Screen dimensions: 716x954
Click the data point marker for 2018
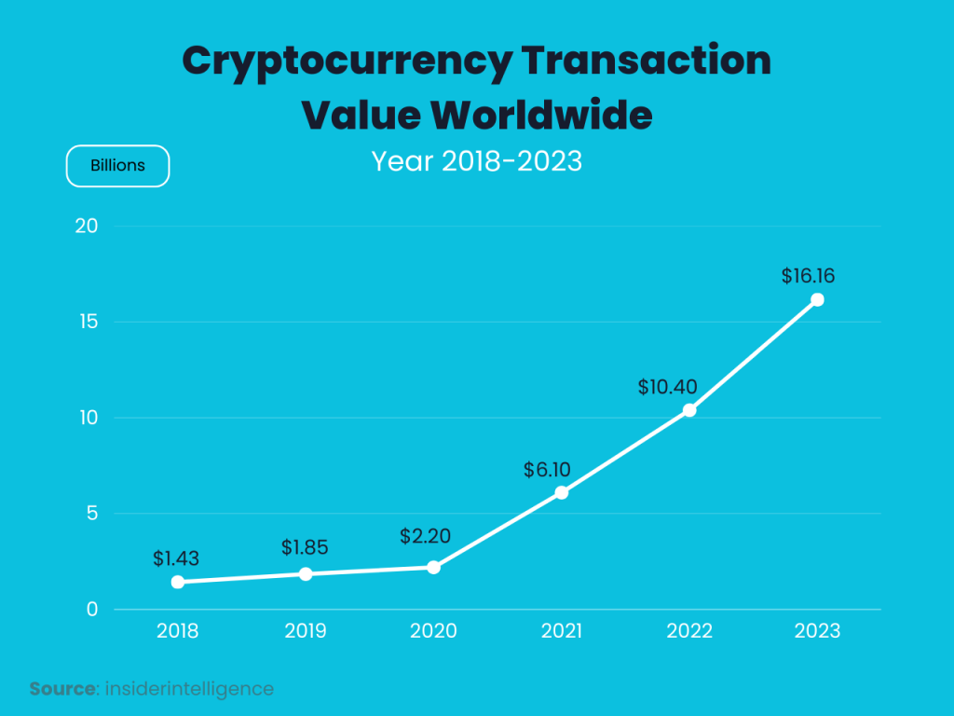(178, 582)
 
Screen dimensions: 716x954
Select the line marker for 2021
(562, 492)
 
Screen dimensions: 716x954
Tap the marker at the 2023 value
(817, 299)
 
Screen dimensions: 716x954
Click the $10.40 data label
(667, 386)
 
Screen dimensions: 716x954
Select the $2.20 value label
(425, 536)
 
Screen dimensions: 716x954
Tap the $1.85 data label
(305, 547)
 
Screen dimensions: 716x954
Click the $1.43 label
(176, 558)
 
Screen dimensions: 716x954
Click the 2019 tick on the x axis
(306, 631)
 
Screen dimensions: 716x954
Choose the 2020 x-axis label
(433, 631)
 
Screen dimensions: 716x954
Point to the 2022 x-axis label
(689, 631)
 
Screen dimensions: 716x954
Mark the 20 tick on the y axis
(88, 227)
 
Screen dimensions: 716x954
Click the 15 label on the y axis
(89, 323)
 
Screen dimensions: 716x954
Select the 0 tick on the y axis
(92, 610)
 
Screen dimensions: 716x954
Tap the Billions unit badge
(117, 166)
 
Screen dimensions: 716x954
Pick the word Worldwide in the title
(541, 116)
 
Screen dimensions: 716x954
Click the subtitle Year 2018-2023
(476, 161)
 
